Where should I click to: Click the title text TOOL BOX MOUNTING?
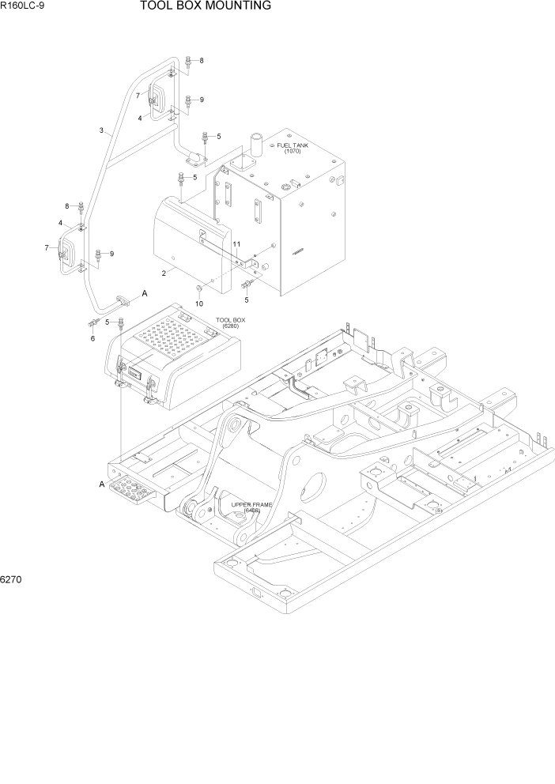pyautogui.click(x=206, y=6)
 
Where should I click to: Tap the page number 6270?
pyautogui.click(x=12, y=579)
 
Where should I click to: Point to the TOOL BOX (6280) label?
pyautogui.click(x=231, y=322)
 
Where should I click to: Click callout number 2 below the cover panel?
pyautogui.click(x=164, y=273)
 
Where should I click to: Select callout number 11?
pyautogui.click(x=236, y=244)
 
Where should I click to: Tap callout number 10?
pyautogui.click(x=199, y=303)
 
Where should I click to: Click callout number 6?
pyautogui.click(x=92, y=338)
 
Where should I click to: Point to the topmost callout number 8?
pyautogui.click(x=201, y=61)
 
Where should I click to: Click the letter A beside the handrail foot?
pyautogui.click(x=145, y=294)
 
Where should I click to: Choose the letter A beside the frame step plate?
pyautogui.click(x=101, y=484)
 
